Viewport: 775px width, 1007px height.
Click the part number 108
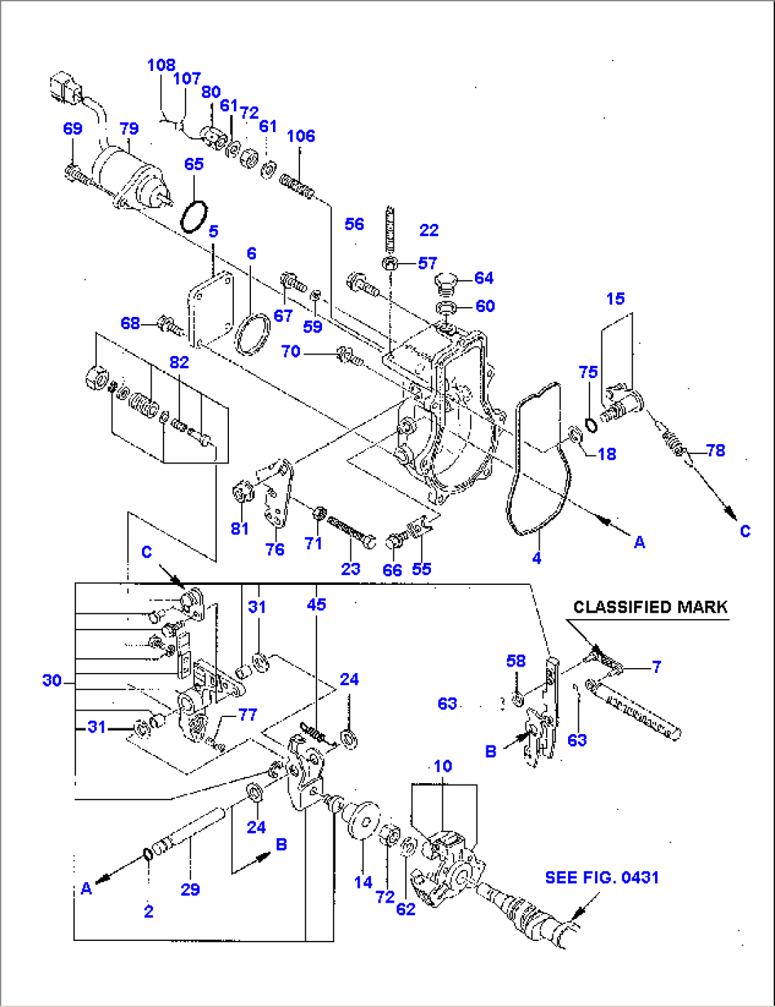click(x=161, y=65)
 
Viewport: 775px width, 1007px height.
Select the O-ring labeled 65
click(x=193, y=216)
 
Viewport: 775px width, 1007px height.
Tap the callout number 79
click(x=129, y=129)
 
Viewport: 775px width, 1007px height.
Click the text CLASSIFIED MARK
click(x=650, y=607)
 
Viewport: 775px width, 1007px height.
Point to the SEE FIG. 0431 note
click(x=602, y=878)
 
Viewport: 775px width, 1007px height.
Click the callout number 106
click(x=301, y=136)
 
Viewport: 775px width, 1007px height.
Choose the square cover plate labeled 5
click(x=211, y=309)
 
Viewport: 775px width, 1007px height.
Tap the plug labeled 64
click(x=444, y=284)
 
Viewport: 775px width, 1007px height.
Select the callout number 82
click(x=179, y=362)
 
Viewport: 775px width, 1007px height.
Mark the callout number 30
click(x=52, y=680)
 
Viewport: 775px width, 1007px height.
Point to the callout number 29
click(x=190, y=889)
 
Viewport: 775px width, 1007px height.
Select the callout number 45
click(x=316, y=604)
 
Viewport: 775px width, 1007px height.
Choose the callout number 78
click(x=715, y=450)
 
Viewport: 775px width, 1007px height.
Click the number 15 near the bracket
click(x=616, y=298)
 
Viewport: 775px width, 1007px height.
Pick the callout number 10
click(x=442, y=766)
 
